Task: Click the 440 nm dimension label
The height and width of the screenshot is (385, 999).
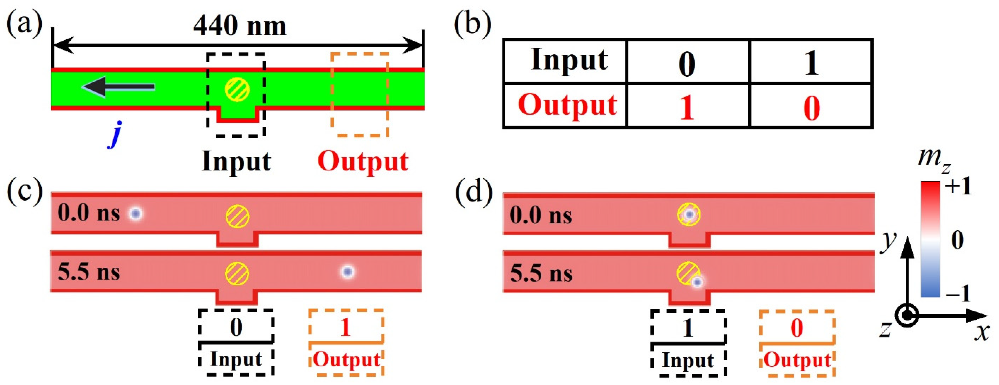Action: [x=240, y=26]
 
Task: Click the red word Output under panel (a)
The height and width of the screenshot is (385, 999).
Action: [x=363, y=161]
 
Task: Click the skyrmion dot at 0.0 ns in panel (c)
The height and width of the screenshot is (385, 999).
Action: [x=135, y=213]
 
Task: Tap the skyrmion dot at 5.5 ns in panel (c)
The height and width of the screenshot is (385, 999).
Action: [x=348, y=272]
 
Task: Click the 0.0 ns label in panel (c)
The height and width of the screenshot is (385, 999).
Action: [x=89, y=213]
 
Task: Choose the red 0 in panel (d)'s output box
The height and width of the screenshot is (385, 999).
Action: [x=797, y=328]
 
